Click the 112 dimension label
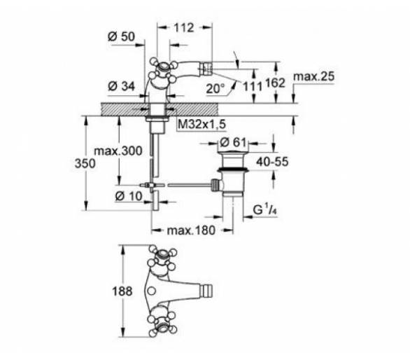[184, 27]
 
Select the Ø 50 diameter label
[121, 36]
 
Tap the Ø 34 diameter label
[121, 86]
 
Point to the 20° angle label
[215, 89]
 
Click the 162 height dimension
[275, 83]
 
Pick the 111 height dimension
[253, 86]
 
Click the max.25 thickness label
[313, 76]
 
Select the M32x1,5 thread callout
[202, 124]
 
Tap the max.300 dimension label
[118, 151]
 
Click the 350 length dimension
[85, 163]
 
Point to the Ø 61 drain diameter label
[233, 142]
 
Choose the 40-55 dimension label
[272, 162]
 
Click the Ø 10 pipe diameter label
[129, 196]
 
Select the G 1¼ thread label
[265, 209]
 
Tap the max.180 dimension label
[191, 230]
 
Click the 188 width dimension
[122, 291]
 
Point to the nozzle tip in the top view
[207, 291]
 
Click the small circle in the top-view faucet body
[151, 291]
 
